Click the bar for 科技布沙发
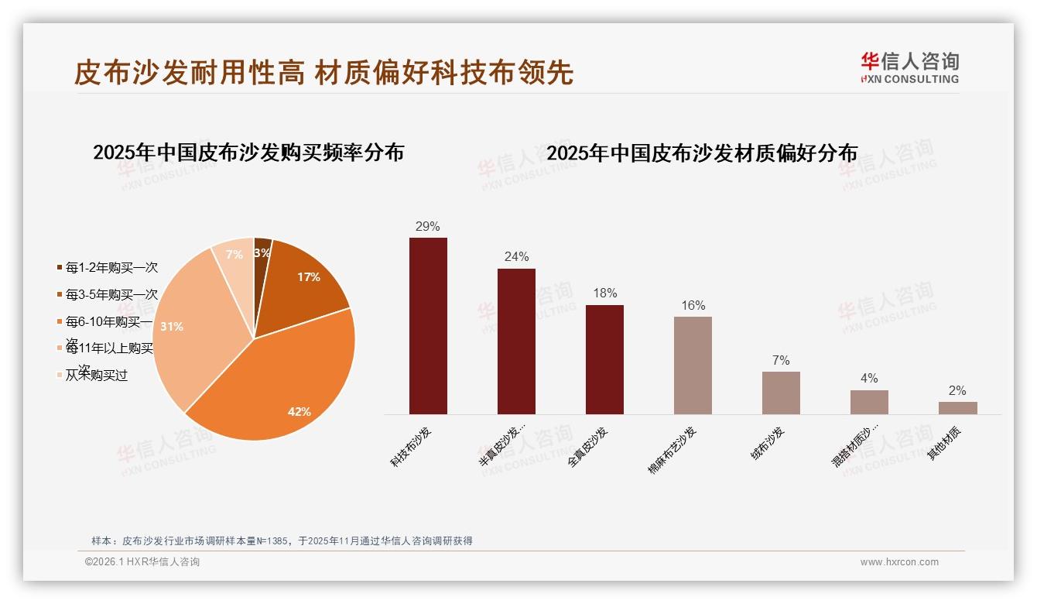click(428, 325)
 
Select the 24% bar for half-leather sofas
click(516, 341)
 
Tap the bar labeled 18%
click(604, 359)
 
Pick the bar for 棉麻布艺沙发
click(693, 365)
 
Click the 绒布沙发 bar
click(781, 393)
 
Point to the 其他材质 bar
click(957, 407)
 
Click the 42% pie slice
click(286, 379)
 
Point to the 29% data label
click(427, 226)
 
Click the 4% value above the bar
click(869, 378)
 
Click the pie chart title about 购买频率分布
click(248, 152)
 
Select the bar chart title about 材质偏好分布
click(702, 153)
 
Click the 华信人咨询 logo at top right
click(909, 67)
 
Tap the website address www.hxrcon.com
click(899, 562)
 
